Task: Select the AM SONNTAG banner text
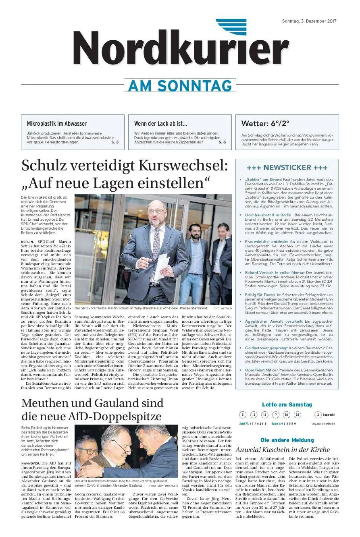point(180,86)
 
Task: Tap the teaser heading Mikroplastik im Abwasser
point(57,124)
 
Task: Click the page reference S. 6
point(222,142)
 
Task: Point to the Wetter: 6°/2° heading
point(265,124)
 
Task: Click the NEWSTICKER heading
point(287,168)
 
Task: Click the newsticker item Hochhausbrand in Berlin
point(268,215)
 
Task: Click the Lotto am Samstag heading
point(287,404)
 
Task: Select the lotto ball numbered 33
point(297,415)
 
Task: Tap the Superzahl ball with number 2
point(318,415)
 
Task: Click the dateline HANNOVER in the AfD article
point(31,463)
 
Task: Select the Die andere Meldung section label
point(287,440)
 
